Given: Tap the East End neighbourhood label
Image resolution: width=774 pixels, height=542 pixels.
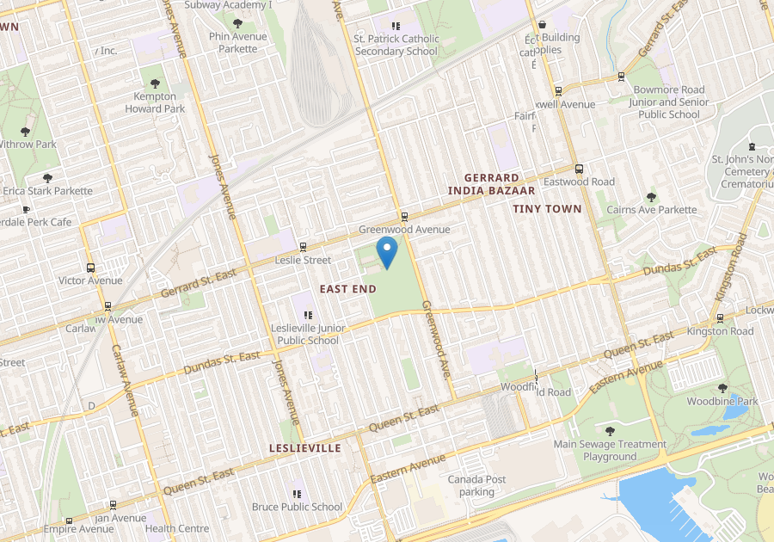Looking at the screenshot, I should click(x=347, y=289).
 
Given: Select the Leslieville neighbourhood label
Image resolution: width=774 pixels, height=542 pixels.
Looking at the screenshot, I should click(x=304, y=448).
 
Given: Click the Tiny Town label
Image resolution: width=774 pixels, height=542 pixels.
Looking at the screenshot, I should click(x=547, y=209).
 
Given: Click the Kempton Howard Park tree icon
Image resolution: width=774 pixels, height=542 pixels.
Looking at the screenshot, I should click(x=155, y=83).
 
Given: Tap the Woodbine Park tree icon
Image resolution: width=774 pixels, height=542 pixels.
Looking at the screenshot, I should click(x=722, y=388).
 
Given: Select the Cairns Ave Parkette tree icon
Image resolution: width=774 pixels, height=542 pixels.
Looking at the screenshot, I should click(x=651, y=197).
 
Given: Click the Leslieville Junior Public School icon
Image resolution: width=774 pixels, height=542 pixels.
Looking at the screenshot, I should click(x=308, y=315).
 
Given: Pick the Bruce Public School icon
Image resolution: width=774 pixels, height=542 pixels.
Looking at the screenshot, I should click(x=297, y=494).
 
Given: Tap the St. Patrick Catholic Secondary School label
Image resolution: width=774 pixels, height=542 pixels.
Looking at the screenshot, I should click(x=396, y=45).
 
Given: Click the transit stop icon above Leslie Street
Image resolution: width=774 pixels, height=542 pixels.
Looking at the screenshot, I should click(x=303, y=247).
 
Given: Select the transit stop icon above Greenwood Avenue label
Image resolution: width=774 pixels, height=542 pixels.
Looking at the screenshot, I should click(x=404, y=217).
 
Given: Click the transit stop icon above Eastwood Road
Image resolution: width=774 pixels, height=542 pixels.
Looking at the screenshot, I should click(x=579, y=169).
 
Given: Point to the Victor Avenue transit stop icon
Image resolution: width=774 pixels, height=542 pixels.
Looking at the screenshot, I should click(x=90, y=268).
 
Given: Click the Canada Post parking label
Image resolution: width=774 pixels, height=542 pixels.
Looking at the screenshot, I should click(x=476, y=486).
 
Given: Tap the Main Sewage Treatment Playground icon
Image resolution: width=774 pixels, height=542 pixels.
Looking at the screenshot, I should click(x=610, y=431).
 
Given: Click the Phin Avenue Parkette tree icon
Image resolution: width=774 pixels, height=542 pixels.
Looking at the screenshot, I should click(x=238, y=24).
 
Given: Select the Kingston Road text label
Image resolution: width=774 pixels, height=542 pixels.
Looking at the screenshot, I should click(x=720, y=331).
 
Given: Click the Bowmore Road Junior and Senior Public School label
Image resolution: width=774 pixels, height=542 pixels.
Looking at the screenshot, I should click(x=669, y=102).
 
